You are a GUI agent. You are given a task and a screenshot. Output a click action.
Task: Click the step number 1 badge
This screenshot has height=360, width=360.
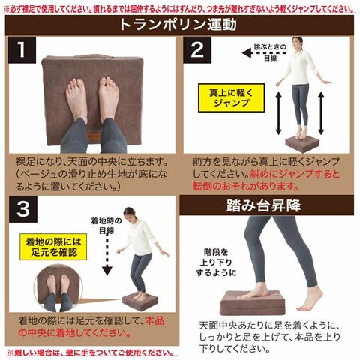[22, 49]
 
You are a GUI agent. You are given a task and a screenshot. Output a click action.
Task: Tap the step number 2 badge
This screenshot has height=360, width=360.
[197, 49]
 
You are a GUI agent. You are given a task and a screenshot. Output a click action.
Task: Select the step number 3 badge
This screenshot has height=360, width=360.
[23, 209]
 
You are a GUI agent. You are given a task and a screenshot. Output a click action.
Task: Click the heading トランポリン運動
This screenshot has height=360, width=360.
[178, 25]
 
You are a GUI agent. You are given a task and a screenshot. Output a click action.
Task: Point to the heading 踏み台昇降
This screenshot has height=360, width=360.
[263, 205]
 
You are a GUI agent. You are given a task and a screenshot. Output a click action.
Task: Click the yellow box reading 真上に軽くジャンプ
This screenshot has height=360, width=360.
[231, 97]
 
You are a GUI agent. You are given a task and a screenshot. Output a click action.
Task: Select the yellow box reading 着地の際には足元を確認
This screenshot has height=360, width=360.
[53, 247]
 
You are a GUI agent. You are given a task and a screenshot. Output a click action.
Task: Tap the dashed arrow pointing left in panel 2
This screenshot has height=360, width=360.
[264, 53]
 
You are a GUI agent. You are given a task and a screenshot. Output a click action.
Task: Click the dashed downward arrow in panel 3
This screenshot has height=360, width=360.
[107, 253]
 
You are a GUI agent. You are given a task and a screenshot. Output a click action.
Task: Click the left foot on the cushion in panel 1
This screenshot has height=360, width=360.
[77, 100]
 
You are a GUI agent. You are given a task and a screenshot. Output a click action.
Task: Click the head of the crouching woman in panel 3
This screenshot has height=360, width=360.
[130, 214]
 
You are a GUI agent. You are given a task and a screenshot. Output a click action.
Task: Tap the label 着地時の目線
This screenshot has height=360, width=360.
[106, 226]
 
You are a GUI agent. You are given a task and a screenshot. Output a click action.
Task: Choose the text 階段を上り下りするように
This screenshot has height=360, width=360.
[216, 262]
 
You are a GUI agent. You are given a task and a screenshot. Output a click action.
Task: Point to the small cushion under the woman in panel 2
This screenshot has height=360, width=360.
[302, 144]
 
